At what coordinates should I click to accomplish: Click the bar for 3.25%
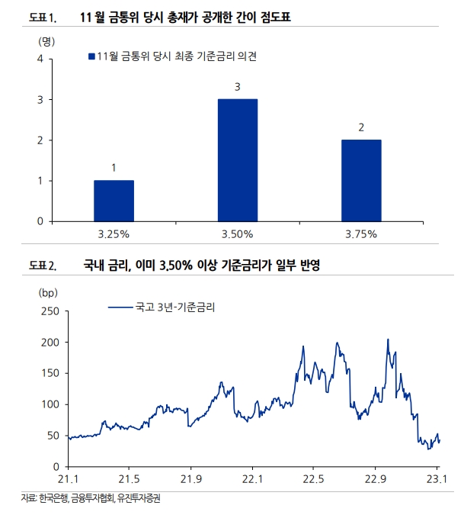pyautogui.click(x=114, y=201)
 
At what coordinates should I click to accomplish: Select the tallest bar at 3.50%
pyautogui.click(x=237, y=160)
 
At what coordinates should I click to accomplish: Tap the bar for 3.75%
pyautogui.click(x=360, y=180)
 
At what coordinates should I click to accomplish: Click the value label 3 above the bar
pyautogui.click(x=237, y=88)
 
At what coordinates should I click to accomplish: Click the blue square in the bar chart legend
pyautogui.click(x=91, y=56)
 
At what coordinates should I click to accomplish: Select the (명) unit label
pyautogui.click(x=46, y=41)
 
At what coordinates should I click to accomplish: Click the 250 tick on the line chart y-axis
pyautogui.click(x=47, y=311)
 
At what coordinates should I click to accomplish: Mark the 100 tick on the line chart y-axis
pyautogui.click(x=47, y=404)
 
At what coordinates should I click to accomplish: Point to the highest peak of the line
pyautogui.click(x=388, y=340)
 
